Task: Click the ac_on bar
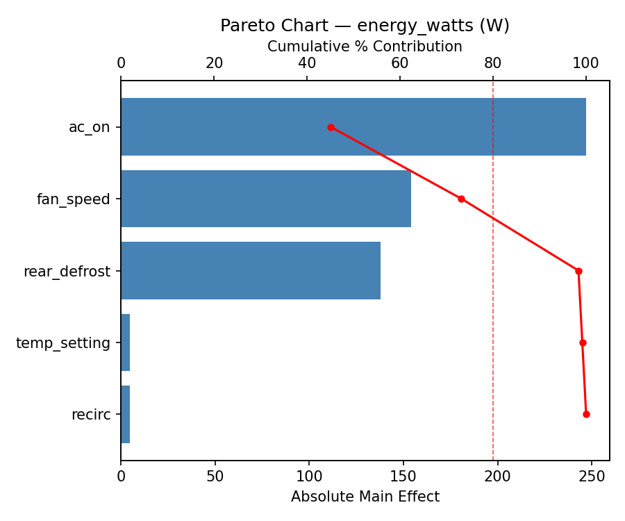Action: click(353, 127)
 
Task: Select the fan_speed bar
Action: click(265, 199)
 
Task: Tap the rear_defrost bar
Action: click(250, 271)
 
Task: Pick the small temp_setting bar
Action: click(126, 342)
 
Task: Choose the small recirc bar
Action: click(126, 414)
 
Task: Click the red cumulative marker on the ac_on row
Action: click(331, 127)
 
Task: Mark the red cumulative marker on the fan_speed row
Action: click(461, 199)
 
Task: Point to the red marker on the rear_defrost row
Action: click(578, 271)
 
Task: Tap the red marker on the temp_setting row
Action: click(583, 342)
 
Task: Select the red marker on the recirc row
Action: click(586, 414)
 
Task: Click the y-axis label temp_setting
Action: click(63, 343)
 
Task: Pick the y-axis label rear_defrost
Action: click(67, 272)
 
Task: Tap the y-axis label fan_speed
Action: click(73, 200)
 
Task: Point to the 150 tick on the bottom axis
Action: click(403, 477)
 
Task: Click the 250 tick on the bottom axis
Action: click(592, 477)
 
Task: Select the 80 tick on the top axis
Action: click(493, 63)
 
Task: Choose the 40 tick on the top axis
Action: click(307, 63)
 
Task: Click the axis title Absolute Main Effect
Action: click(365, 497)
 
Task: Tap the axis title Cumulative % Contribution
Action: click(365, 47)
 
